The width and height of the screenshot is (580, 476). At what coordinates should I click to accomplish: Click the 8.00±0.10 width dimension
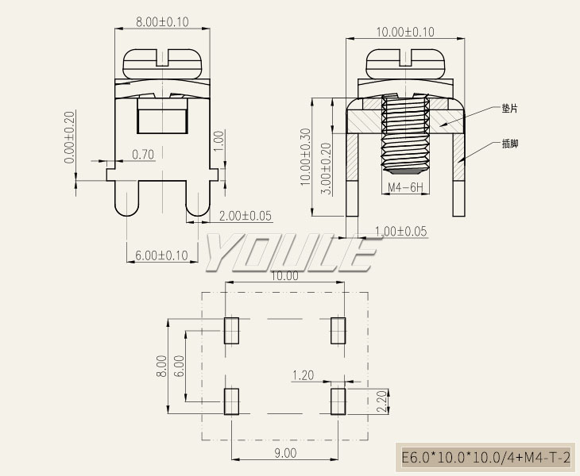[162, 21]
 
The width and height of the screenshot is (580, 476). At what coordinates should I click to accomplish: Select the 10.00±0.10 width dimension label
[405, 32]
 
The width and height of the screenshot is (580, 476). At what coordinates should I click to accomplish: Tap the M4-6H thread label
[405, 187]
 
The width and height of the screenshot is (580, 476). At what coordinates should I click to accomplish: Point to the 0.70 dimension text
[143, 155]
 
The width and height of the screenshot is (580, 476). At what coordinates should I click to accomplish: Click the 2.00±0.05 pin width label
[246, 216]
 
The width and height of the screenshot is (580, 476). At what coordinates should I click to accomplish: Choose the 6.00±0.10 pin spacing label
[161, 255]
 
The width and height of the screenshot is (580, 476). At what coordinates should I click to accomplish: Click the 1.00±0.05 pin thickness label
[401, 232]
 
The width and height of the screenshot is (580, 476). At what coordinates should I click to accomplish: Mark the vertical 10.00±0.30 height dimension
[306, 156]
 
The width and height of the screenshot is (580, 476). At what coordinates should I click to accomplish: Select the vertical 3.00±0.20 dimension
[327, 169]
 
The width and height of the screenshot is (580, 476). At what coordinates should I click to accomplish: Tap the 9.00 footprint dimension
[285, 453]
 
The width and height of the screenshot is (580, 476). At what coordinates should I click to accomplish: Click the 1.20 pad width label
[303, 375]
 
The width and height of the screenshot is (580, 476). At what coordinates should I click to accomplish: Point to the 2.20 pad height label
[381, 401]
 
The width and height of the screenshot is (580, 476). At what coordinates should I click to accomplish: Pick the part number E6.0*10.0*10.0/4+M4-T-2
[485, 458]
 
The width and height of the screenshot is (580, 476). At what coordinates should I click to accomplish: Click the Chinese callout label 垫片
[510, 109]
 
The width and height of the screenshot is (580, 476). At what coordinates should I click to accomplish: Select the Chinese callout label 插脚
[510, 144]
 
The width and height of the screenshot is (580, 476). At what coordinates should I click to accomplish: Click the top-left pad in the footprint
[231, 331]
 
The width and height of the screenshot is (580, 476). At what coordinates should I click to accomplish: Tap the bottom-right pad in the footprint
[338, 401]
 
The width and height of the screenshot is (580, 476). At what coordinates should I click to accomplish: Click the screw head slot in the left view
[163, 58]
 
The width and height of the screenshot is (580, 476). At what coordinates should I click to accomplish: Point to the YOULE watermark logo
[290, 252]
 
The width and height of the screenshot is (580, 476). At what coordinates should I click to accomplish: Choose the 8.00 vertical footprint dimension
[161, 366]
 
